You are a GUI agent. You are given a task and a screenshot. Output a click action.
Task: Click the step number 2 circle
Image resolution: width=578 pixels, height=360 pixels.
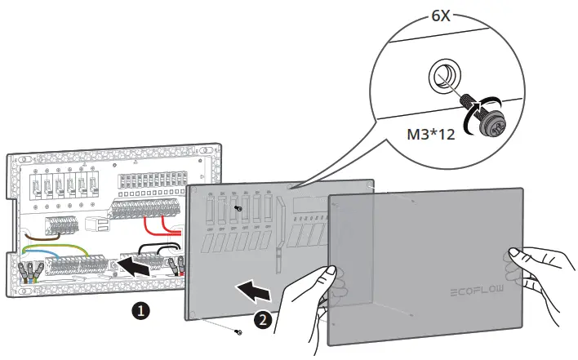click(x=261, y=320)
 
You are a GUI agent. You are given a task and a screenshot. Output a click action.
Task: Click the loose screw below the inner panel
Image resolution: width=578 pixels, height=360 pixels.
click(x=238, y=331)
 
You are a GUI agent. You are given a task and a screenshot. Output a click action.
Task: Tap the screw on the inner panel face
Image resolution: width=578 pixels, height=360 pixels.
click(x=238, y=209)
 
